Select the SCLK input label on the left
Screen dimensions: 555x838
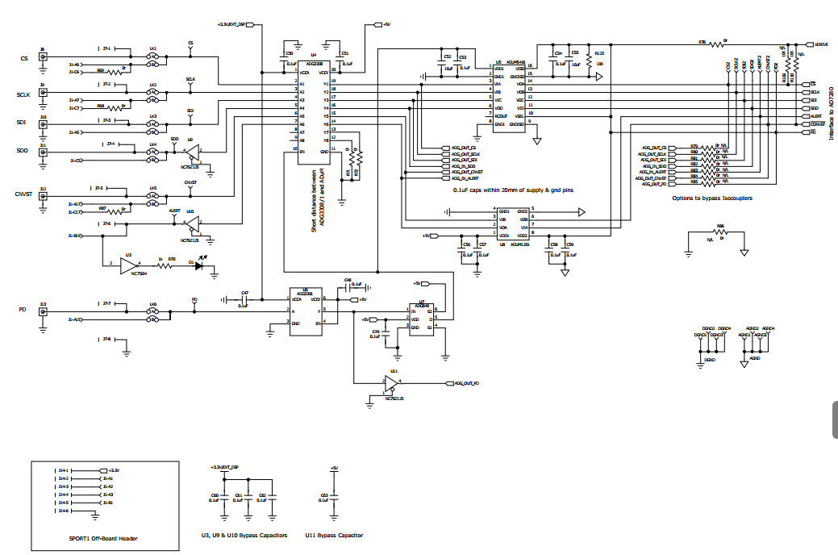pyautogui.click(x=23, y=94)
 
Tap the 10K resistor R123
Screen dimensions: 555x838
pyautogui.click(x=590, y=63)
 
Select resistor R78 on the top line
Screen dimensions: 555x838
pyautogui.click(x=712, y=44)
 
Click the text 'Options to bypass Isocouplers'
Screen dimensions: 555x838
pyautogui.click(x=712, y=198)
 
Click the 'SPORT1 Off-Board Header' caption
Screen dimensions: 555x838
pyautogui.click(x=102, y=538)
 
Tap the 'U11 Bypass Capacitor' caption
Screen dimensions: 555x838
pyautogui.click(x=334, y=535)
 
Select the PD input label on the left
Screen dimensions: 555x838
pyautogui.click(x=23, y=310)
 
